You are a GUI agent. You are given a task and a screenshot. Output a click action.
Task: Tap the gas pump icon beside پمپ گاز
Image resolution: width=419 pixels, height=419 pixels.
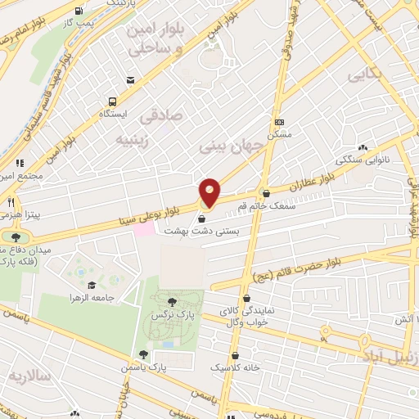pos(79,11)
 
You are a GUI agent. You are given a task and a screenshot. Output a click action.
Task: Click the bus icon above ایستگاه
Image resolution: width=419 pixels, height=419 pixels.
pos(112,102)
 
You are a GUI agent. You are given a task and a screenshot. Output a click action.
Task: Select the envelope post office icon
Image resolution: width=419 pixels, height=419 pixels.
pos(130,79)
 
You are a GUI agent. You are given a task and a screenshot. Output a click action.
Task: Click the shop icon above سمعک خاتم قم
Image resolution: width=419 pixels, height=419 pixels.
pos(265,193)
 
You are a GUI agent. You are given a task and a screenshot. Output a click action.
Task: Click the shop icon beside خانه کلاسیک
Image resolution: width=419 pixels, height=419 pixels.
pos(236,356)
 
